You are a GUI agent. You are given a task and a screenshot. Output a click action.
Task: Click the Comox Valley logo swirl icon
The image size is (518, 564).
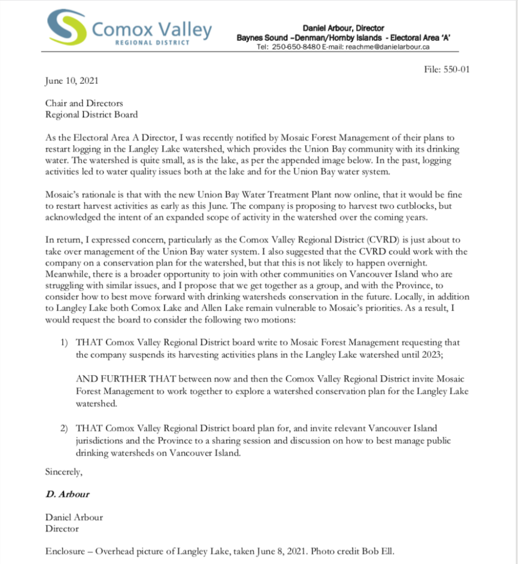pyautogui.click(x=67, y=28)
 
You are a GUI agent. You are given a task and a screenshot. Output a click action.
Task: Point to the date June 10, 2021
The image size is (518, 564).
pyautogui.click(x=72, y=81)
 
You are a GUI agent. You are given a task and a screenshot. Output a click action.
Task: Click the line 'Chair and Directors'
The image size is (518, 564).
pyautogui.click(x=84, y=103)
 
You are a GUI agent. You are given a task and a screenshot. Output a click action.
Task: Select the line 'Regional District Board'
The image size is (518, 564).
pyautogui.click(x=92, y=115)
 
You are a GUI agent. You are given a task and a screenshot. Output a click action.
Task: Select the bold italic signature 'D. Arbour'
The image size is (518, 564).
pyautogui.click(x=67, y=494)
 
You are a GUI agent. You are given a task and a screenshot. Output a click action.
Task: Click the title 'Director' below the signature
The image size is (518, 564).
pyautogui.click(x=62, y=529)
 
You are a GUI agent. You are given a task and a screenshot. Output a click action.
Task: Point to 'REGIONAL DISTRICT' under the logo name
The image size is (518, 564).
pyautogui.click(x=152, y=42)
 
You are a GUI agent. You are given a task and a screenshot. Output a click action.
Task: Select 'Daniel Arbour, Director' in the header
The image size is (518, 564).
pyautogui.click(x=343, y=28)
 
